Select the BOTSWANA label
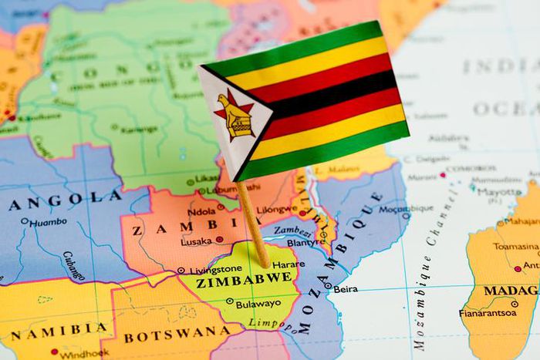[171, 337]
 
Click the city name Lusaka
[196, 241]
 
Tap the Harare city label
[289, 264]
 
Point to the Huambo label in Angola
[48, 222]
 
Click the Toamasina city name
[515, 247]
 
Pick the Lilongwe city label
[276, 209]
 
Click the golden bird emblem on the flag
[235, 116]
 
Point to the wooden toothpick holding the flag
[252, 224]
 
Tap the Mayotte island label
[499, 193]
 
